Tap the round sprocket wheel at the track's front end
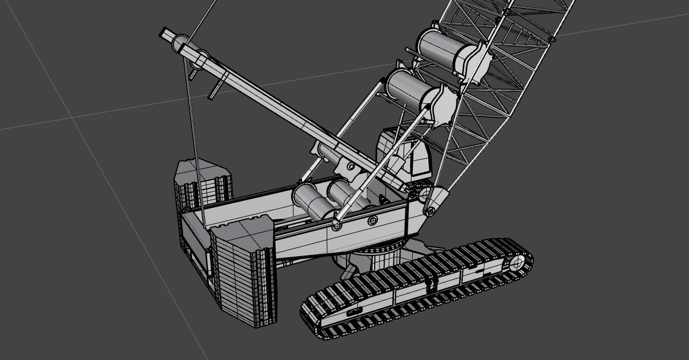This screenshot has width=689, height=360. click(x=515, y=264)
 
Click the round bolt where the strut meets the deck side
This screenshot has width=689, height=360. click(x=336, y=226)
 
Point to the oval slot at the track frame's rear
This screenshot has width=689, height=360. click(x=354, y=311)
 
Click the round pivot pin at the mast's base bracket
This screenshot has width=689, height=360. click(x=350, y=167)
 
